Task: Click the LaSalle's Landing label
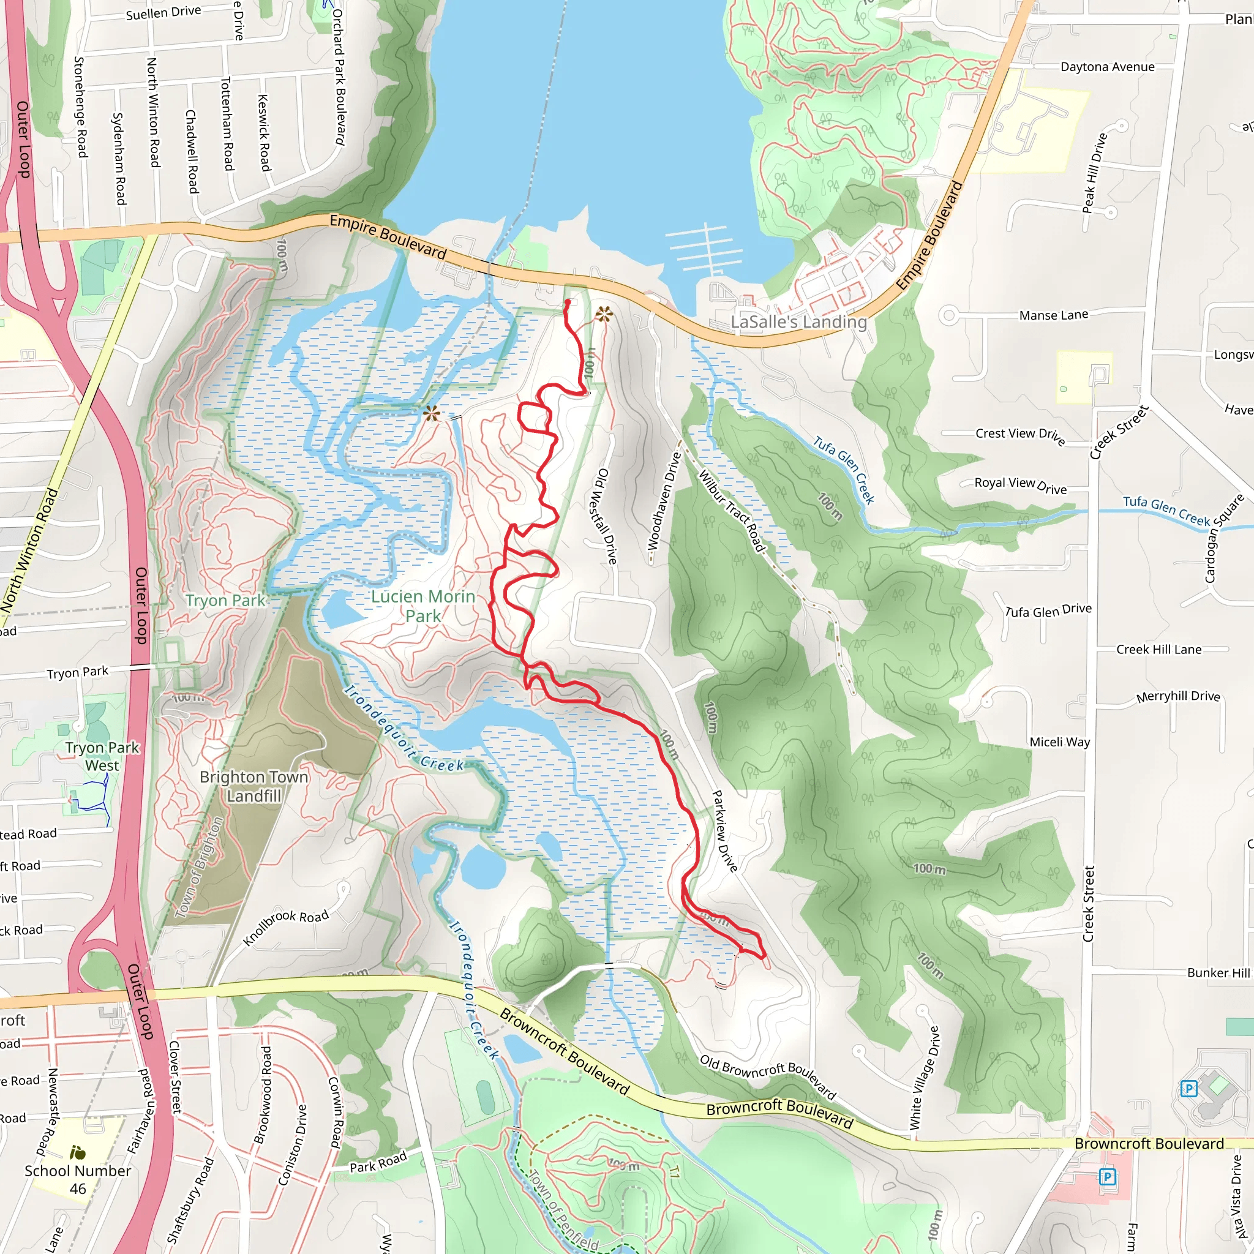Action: tap(798, 322)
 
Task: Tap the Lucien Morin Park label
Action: tap(423, 606)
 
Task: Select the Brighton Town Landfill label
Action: tap(253, 786)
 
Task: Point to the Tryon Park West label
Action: tap(102, 756)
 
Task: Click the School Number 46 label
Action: tap(77, 1179)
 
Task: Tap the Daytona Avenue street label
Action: tap(1107, 67)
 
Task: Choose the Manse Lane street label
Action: tap(1053, 315)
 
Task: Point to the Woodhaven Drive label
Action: tap(664, 500)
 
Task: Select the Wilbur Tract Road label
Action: tap(732, 511)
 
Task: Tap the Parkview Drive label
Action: tap(724, 831)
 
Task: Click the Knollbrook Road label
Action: tap(285, 928)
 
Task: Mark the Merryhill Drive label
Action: tap(1178, 696)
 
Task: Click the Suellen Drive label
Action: tap(163, 12)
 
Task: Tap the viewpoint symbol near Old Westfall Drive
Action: tap(604, 315)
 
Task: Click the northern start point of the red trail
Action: tap(568, 302)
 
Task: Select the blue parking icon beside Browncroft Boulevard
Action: tap(1107, 1176)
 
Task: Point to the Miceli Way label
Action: tap(1059, 742)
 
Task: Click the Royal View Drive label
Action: tap(1020, 485)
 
